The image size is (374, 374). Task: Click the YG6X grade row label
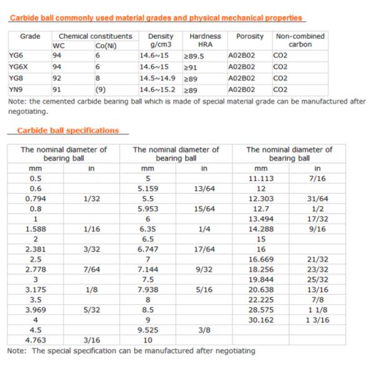click(19, 67)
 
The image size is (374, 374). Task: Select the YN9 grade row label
click(16, 89)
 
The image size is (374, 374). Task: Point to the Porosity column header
click(249, 37)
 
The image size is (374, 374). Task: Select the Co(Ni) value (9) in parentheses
click(100, 89)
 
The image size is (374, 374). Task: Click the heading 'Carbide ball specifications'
click(68, 131)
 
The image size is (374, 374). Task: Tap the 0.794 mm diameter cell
click(36, 198)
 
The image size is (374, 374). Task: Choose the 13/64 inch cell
click(204, 188)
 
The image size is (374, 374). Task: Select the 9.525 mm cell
click(148, 330)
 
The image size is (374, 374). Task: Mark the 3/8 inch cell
click(204, 330)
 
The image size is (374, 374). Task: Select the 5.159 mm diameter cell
click(148, 188)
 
